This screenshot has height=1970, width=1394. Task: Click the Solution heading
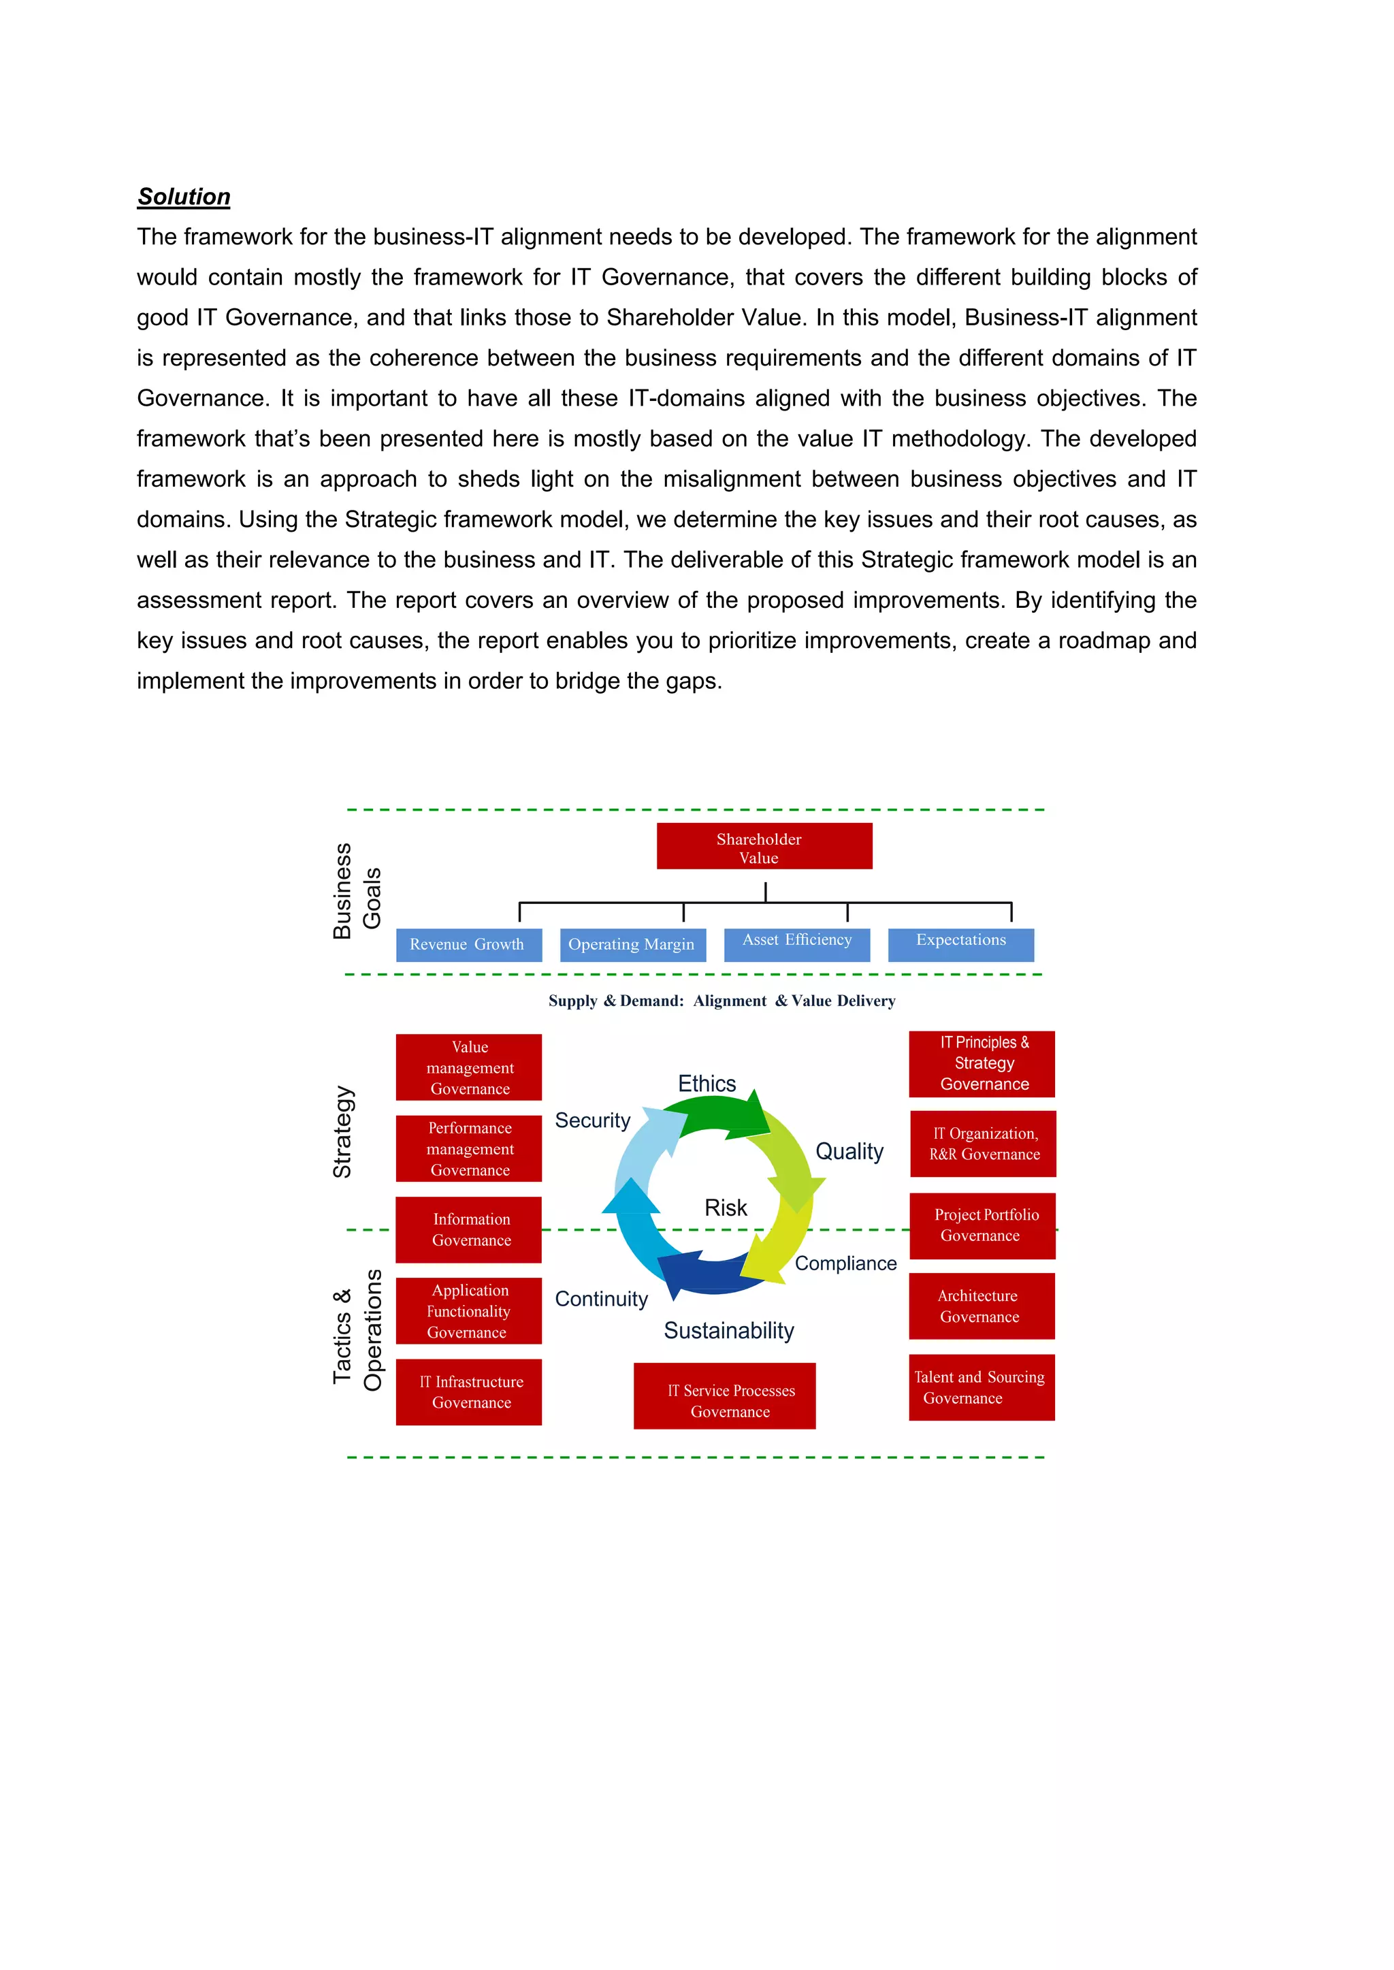coord(184,197)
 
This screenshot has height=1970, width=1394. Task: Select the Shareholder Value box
coord(764,846)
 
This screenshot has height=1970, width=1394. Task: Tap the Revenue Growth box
coord(469,944)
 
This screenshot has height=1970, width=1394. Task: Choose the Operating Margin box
coord(632,944)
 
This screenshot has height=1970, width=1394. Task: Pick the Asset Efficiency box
coord(796,943)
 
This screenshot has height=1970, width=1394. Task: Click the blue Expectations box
coord(960,943)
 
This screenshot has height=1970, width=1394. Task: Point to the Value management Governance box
coord(469,1067)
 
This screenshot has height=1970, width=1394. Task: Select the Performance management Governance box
coord(469,1148)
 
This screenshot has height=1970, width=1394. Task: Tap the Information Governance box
coord(469,1229)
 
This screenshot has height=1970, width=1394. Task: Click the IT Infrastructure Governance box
coord(469,1391)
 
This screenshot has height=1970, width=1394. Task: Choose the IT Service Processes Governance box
coord(724,1395)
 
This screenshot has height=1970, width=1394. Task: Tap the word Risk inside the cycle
coord(726,1208)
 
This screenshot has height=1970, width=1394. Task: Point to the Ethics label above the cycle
coord(707,1083)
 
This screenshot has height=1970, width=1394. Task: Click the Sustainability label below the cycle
coord(729,1331)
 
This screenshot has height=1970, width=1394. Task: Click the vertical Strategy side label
coord(342,1131)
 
